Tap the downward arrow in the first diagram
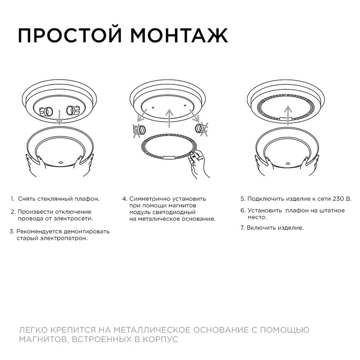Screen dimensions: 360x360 [x=60, y=116]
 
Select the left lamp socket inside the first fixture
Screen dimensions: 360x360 [x=47, y=111]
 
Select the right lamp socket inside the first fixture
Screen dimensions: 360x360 [x=72, y=110]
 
